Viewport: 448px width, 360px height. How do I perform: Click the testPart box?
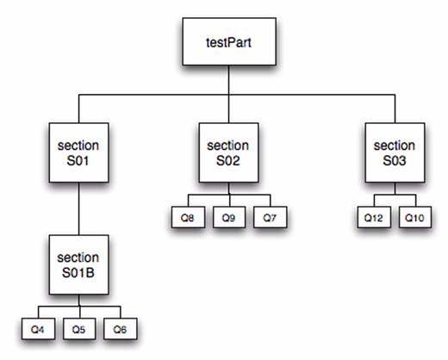click(229, 41)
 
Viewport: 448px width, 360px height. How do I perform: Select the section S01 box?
click(78, 152)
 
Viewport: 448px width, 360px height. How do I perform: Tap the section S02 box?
click(228, 152)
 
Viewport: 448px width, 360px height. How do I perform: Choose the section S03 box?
click(395, 152)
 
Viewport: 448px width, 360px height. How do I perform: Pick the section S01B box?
click(78, 264)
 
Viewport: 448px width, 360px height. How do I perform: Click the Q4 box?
click(38, 329)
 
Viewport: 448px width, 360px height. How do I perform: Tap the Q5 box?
click(79, 329)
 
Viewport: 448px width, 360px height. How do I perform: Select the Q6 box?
click(121, 329)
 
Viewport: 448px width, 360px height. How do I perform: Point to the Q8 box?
click(188, 217)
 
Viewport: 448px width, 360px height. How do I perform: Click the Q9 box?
click(229, 217)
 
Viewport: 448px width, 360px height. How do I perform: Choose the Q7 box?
click(271, 217)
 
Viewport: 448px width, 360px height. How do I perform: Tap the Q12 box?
click(374, 217)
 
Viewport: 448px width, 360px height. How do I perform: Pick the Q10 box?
click(415, 217)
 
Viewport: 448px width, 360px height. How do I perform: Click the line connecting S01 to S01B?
click(79, 208)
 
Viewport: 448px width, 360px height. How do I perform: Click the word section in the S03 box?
click(395, 146)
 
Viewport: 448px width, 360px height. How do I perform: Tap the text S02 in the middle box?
click(228, 160)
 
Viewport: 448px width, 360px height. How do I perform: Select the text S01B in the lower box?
click(78, 272)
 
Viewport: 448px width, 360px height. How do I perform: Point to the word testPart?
click(228, 42)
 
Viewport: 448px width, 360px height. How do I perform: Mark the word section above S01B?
click(78, 258)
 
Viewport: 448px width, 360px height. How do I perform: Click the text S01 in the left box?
click(78, 160)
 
